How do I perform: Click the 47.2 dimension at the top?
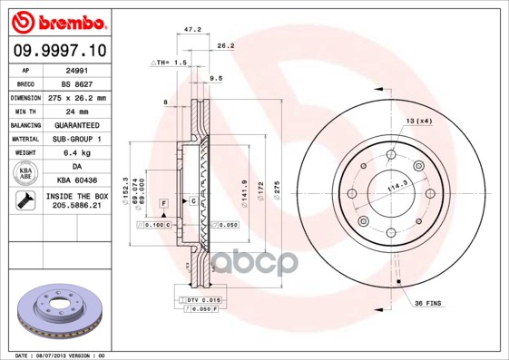192,30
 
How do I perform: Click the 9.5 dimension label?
216,79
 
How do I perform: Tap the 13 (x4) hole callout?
417,122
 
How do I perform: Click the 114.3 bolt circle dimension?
396,189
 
